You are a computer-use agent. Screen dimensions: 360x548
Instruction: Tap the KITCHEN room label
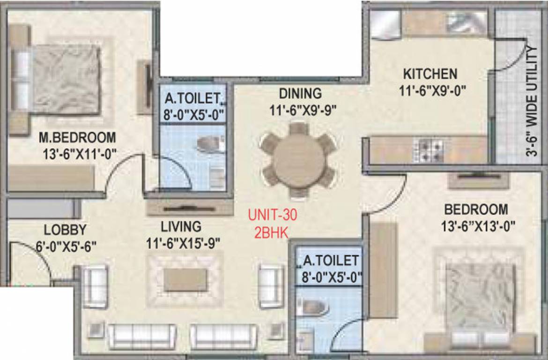click(x=430, y=74)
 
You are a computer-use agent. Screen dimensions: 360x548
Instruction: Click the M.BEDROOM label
click(x=77, y=138)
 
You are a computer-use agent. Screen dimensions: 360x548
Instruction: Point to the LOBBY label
click(x=65, y=230)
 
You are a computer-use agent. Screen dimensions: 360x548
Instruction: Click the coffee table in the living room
click(x=185, y=279)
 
